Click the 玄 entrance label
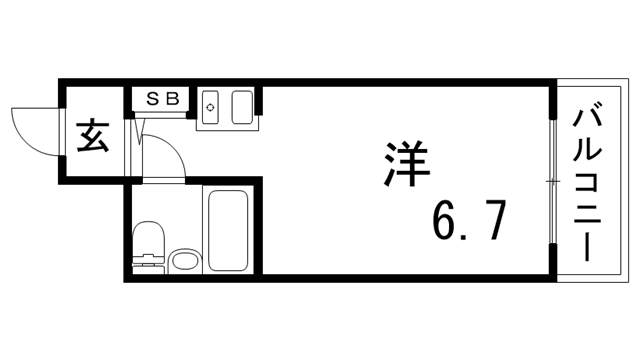93,135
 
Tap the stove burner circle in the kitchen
211,104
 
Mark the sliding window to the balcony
551,180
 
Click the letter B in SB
171,98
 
